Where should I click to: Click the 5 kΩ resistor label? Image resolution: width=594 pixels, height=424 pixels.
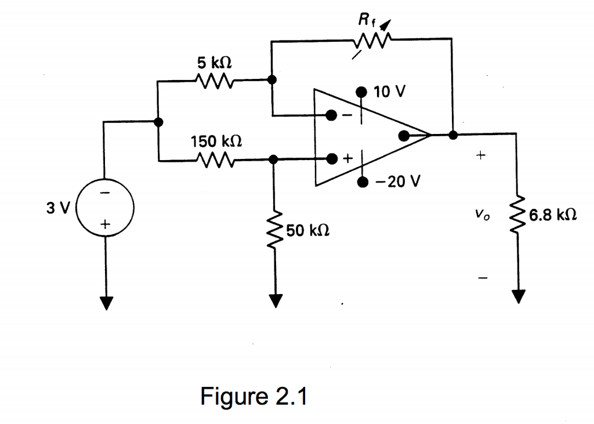click(215, 62)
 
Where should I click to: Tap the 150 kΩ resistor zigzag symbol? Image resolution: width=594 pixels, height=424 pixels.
click(215, 158)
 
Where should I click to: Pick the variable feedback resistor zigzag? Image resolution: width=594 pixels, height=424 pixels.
click(371, 41)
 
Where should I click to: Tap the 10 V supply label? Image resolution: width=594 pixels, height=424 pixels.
click(391, 92)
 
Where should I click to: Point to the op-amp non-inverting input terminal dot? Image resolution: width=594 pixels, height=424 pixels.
click(331, 158)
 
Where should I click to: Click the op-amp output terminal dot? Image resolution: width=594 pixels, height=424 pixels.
click(404, 136)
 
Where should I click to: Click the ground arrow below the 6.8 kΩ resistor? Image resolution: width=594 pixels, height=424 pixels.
click(517, 296)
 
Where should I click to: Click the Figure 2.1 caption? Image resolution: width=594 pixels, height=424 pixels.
click(253, 397)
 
